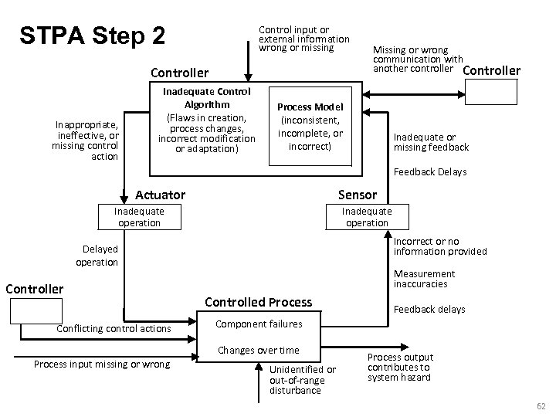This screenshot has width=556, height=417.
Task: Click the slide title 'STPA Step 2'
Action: [x=92, y=36]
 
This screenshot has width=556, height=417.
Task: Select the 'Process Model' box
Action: [x=310, y=127]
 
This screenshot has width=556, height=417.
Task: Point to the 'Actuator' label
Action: [x=160, y=195]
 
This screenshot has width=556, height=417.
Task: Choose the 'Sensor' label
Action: [x=358, y=195]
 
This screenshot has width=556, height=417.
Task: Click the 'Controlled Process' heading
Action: [x=259, y=302]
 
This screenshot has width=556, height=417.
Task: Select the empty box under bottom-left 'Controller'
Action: [x=36, y=310]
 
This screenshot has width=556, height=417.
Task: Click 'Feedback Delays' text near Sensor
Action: [x=430, y=172]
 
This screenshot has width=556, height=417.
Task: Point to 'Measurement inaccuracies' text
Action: [x=424, y=279]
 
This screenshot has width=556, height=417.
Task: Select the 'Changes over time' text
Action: [x=259, y=350]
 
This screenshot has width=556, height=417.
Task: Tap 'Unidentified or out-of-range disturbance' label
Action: [x=303, y=379]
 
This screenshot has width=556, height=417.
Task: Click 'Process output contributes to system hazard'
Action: [x=400, y=368]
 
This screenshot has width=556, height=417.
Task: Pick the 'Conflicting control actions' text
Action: [x=114, y=329]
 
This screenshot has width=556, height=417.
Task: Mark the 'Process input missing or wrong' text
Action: [x=102, y=364]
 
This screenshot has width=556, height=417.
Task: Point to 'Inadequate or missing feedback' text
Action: [x=431, y=142]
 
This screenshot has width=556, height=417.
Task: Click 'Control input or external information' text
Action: [x=303, y=39]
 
